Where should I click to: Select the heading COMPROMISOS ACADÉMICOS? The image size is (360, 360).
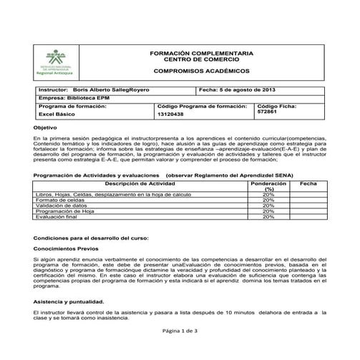(x=200, y=72)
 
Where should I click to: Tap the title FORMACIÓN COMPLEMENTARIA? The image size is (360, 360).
(x=201, y=53)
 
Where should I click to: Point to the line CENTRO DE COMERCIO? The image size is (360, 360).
(x=201, y=59)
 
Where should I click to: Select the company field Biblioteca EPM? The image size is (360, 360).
(x=87, y=98)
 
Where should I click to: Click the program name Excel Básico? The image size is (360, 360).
(x=57, y=114)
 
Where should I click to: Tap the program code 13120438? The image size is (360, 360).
(x=170, y=114)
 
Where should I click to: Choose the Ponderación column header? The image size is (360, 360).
(x=268, y=185)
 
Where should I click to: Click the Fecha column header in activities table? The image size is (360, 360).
(x=308, y=183)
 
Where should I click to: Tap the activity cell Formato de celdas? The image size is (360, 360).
(x=56, y=199)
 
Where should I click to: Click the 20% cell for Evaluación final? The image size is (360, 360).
(x=268, y=217)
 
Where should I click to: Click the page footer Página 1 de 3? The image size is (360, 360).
(x=180, y=331)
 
